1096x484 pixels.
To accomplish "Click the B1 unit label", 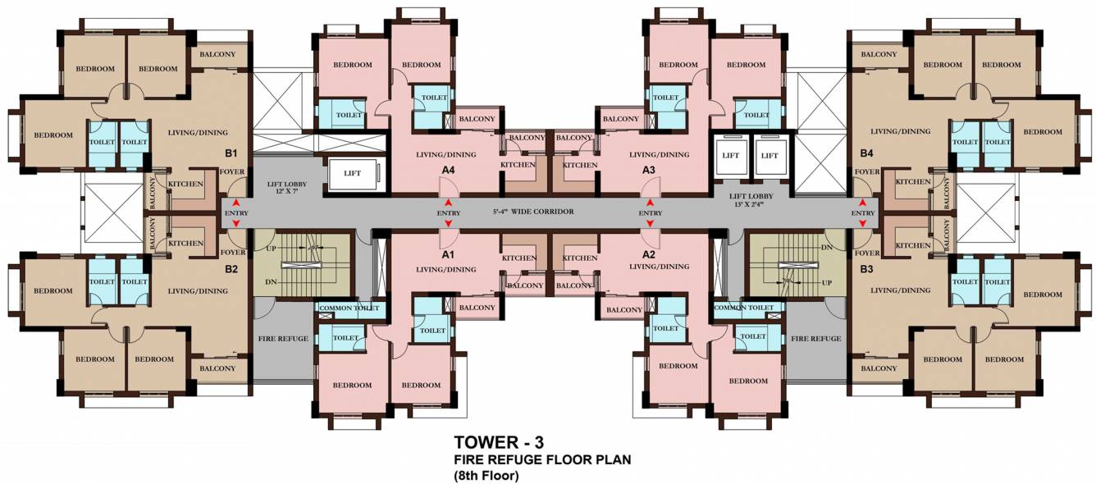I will tap(231, 153).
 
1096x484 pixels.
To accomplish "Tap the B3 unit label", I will tap(866, 268).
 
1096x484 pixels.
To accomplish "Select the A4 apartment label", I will tap(448, 170).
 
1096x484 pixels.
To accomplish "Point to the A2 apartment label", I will tap(648, 255).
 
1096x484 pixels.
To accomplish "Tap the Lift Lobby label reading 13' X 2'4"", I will tap(751, 199).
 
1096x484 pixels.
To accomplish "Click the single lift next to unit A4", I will tap(351, 173).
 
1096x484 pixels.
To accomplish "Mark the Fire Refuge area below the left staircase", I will tap(282, 338).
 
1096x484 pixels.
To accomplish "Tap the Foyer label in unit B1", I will tap(231, 171).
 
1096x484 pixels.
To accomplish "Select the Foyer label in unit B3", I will tap(866, 253).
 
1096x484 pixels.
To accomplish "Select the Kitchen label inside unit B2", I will tap(185, 243).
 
